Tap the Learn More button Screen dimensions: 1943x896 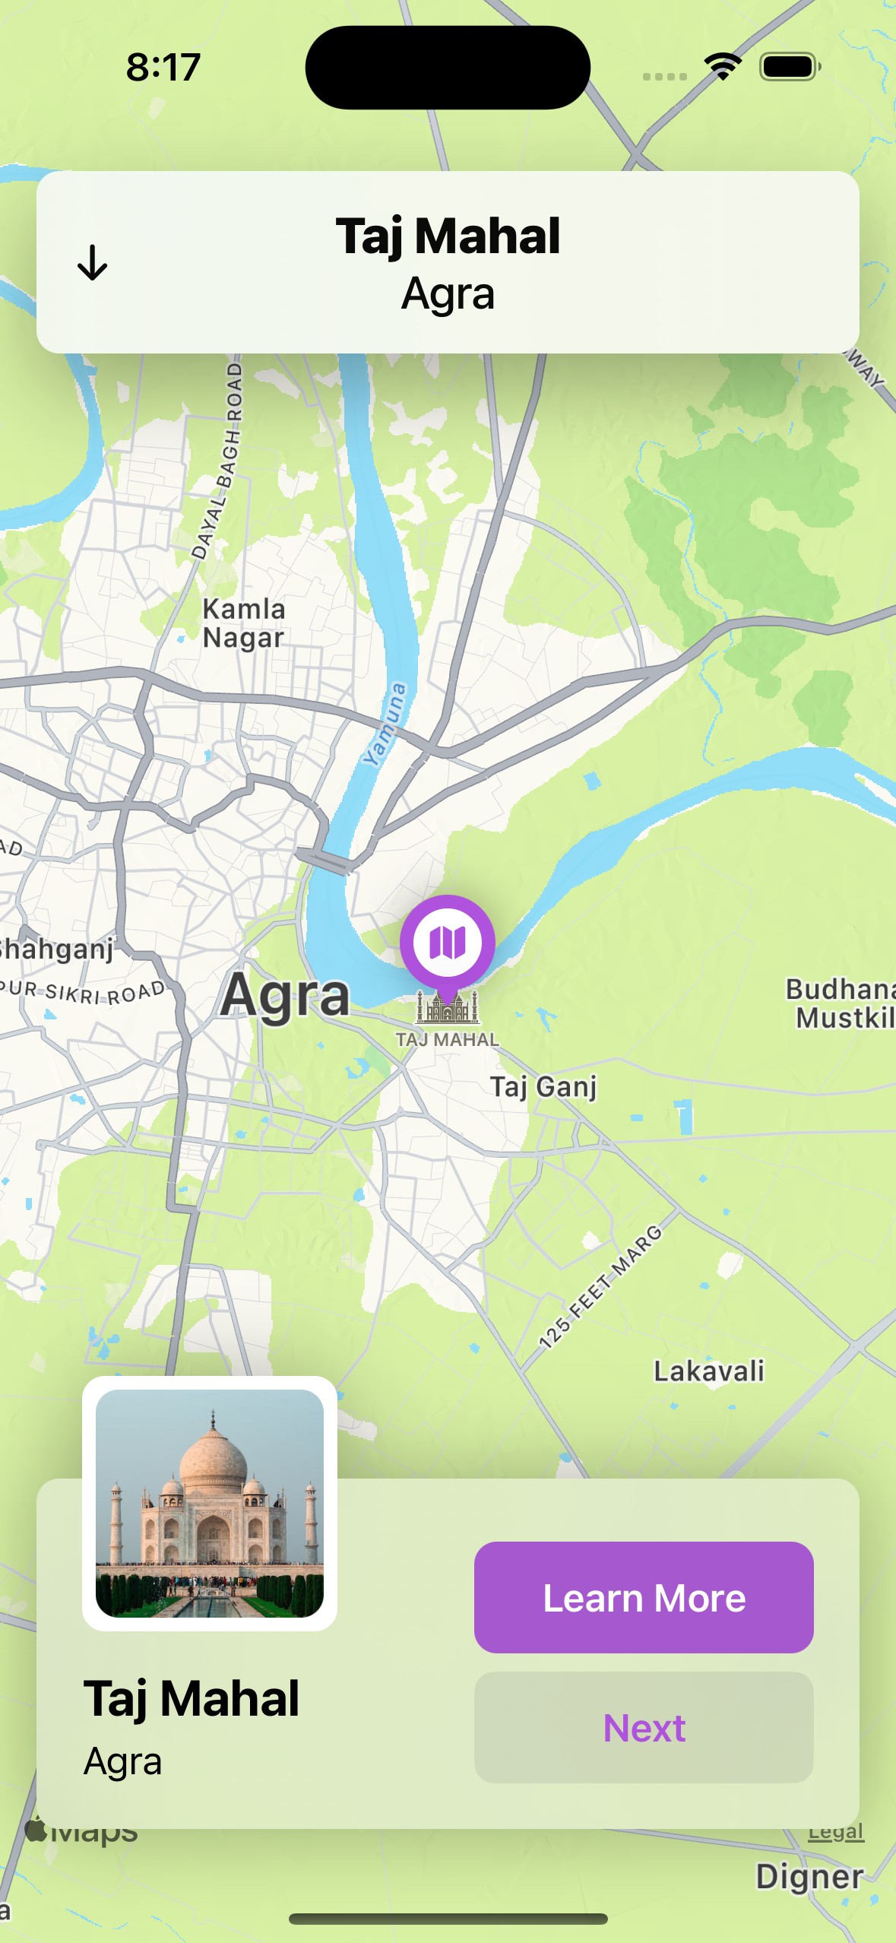tap(644, 1597)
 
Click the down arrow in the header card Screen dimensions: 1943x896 tap(93, 263)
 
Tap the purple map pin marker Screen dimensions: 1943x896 tap(448, 943)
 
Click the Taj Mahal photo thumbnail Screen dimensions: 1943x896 tap(210, 1503)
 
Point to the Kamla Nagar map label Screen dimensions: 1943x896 tap(244, 623)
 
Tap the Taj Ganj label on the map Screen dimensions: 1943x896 tap(543, 1087)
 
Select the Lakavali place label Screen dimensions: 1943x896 tap(709, 1371)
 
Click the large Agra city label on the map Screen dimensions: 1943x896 tap(285, 995)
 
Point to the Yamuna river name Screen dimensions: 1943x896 tap(386, 724)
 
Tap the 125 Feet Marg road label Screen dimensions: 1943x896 tap(600, 1286)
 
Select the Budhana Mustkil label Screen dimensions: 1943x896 tap(840, 1003)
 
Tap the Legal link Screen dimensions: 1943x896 tap(835, 1832)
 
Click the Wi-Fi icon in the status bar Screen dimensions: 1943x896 tap(723, 67)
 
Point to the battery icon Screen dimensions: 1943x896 tap(790, 67)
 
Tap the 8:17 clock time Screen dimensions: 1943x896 tap(163, 67)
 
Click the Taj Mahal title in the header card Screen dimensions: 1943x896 tap(448, 236)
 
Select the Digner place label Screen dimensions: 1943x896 tap(809, 1876)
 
